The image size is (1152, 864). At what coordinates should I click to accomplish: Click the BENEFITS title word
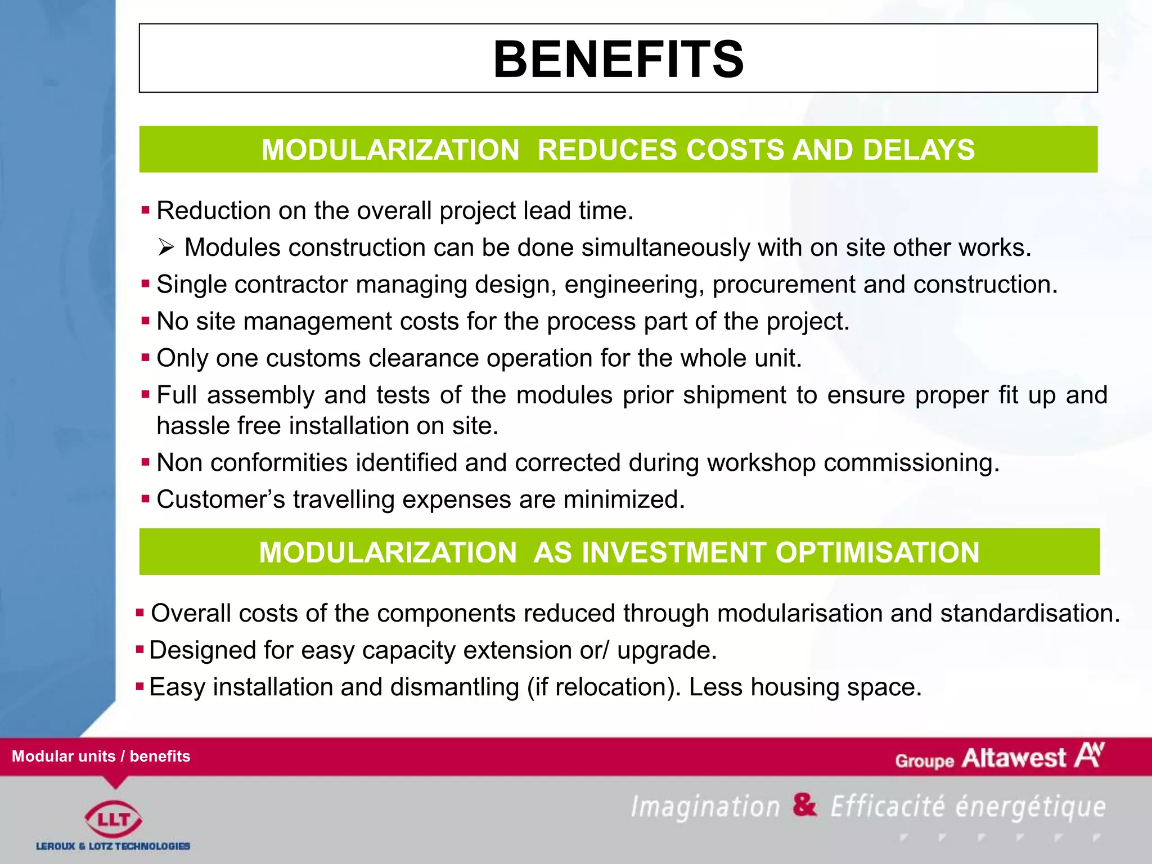618,59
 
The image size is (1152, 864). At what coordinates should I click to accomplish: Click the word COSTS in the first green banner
735,150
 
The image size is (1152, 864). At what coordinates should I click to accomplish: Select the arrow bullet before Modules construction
166,247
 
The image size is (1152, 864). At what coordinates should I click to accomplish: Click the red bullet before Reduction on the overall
146,210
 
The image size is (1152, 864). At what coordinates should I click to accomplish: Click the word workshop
761,463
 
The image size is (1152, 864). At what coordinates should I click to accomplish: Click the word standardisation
1029,613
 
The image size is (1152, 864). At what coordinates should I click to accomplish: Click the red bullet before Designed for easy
140,650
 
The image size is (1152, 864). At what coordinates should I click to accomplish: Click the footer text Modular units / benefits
101,756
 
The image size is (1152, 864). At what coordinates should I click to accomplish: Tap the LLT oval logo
113,819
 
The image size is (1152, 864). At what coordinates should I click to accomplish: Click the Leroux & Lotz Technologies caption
113,846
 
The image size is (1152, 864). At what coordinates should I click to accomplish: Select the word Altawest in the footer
1013,758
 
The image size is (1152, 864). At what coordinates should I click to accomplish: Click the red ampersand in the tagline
804,804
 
